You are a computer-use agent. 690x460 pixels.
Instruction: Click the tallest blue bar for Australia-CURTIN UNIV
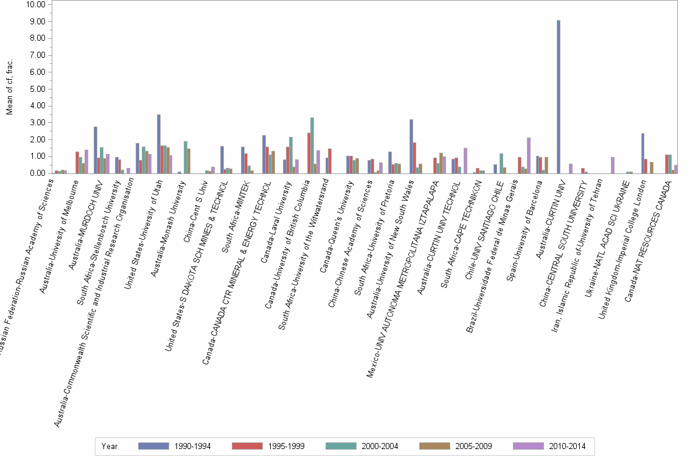tap(558, 97)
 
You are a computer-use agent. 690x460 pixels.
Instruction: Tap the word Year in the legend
tap(110, 446)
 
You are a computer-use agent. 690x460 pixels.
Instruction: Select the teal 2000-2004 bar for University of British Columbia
tap(312, 145)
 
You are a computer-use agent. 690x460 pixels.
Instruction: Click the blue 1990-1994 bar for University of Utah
tap(159, 144)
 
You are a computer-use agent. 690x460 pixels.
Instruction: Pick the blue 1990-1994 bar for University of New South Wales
tap(411, 147)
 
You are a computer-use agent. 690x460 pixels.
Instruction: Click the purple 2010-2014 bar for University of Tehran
tap(613, 166)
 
